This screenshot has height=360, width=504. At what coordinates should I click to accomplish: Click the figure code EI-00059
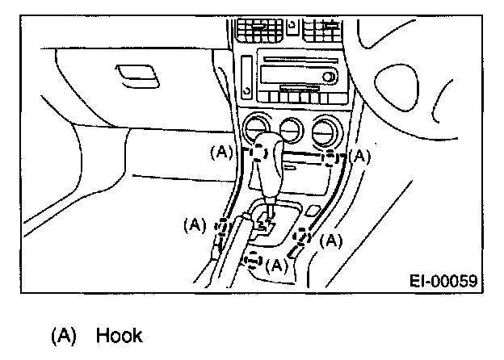pyautogui.click(x=443, y=281)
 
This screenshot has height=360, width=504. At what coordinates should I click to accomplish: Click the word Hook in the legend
pyautogui.click(x=120, y=335)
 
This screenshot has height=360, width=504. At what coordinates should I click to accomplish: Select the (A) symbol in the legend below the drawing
pyautogui.click(x=64, y=336)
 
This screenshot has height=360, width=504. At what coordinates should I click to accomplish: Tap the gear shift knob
pyautogui.click(x=268, y=167)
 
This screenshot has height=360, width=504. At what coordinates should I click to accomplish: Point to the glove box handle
pyautogui.click(x=137, y=76)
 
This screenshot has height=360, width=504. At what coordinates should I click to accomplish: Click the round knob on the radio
pyautogui.click(x=328, y=77)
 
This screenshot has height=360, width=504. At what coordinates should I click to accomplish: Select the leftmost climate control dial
pyautogui.click(x=257, y=128)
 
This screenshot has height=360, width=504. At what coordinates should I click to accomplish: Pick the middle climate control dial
pyautogui.click(x=292, y=130)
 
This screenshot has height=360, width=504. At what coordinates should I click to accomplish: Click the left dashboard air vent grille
pyautogui.click(x=259, y=30)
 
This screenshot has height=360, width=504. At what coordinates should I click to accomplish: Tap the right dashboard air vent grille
pyautogui.click(x=321, y=30)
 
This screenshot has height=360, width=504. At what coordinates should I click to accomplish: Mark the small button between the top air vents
pyautogui.click(x=292, y=27)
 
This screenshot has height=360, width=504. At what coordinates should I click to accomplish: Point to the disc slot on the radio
pyautogui.click(x=300, y=60)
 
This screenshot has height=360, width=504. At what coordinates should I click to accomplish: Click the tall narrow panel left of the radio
pyautogui.click(x=247, y=77)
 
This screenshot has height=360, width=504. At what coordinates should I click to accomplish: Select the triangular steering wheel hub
pyautogui.click(x=397, y=87)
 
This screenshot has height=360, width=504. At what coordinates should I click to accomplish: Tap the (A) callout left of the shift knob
pyautogui.click(x=221, y=152)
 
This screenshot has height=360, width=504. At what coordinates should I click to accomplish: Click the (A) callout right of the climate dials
pyautogui.click(x=359, y=157)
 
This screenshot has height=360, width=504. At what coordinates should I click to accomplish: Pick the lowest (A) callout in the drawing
pyautogui.click(x=277, y=265)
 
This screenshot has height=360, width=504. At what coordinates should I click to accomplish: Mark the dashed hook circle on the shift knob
pyautogui.click(x=258, y=153)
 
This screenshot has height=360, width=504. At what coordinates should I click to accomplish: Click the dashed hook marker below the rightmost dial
pyautogui.click(x=330, y=158)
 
